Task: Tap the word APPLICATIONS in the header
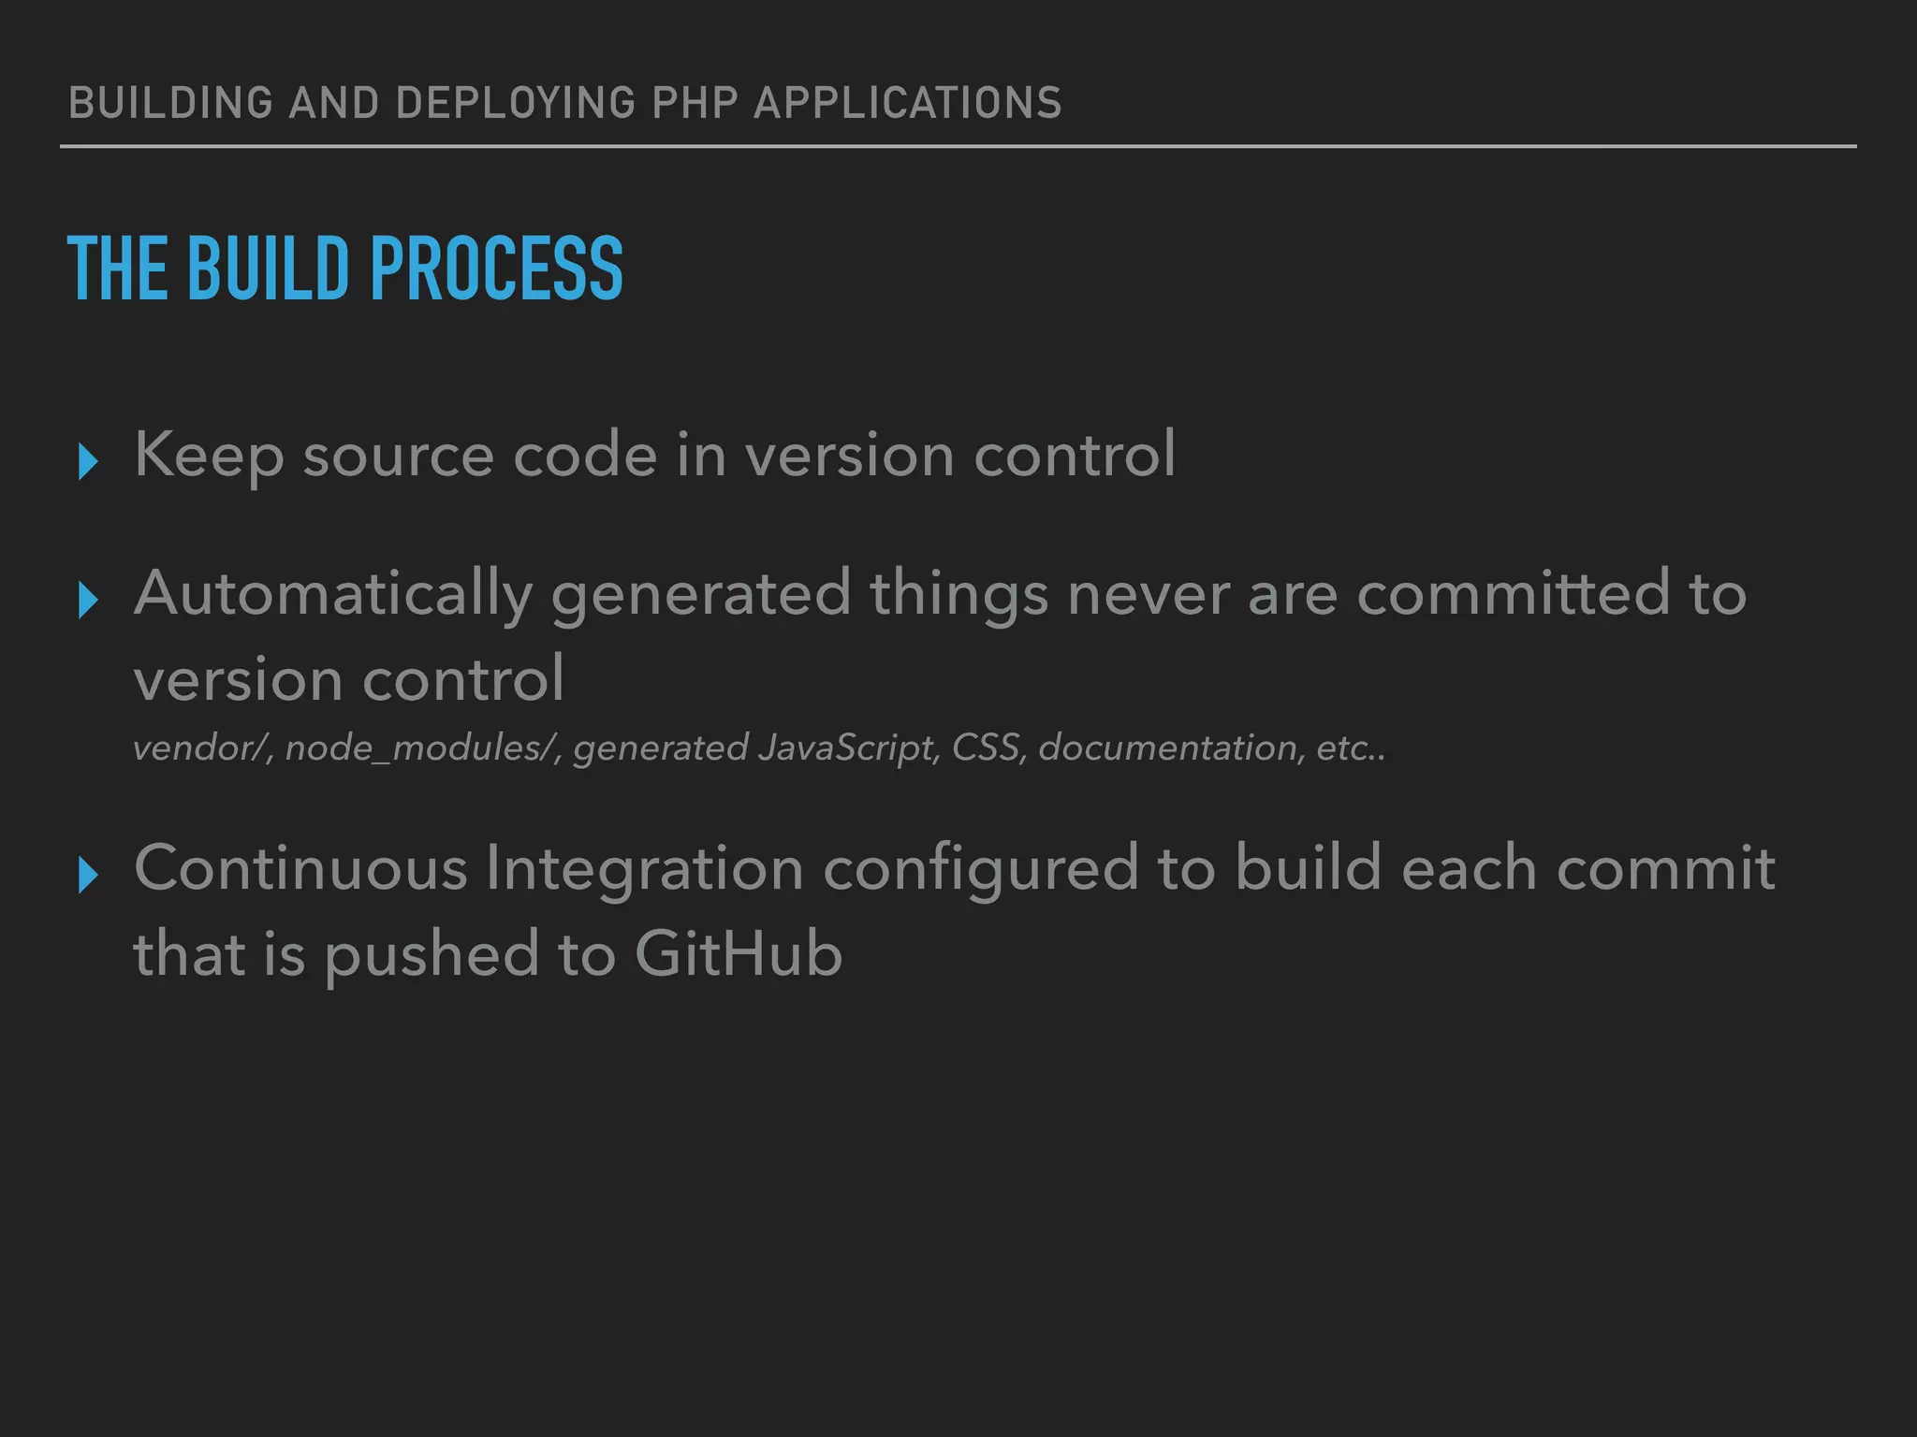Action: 908,103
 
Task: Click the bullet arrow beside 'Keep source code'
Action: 88,461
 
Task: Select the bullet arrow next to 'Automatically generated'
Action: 88,600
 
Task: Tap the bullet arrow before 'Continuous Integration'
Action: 88,875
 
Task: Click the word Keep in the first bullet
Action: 209,456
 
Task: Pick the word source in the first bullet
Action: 399,456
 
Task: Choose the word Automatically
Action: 333,594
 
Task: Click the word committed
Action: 1514,594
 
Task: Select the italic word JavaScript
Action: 848,748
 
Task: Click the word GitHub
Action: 739,955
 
